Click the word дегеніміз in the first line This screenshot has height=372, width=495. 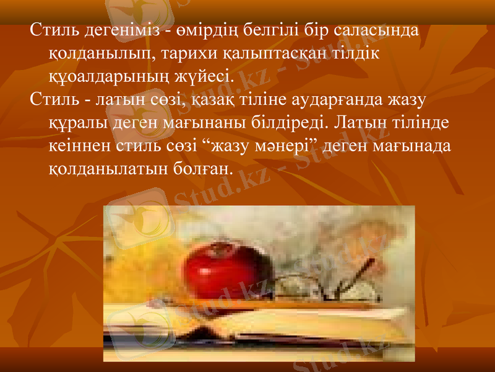pyautogui.click(x=116, y=29)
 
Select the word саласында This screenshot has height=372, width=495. pyautogui.click(x=376, y=29)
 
